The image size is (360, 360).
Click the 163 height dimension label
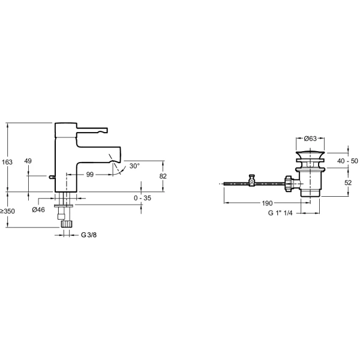pos(7,162)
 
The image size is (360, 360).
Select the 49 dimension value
pos(28,161)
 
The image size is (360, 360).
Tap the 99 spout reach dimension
pos(90,175)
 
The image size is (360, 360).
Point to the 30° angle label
pos(134,166)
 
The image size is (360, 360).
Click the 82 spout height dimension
pos(163,176)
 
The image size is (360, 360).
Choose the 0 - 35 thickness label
pos(143,198)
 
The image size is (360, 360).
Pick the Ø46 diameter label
pos(38,209)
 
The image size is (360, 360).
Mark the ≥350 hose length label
pos(7,211)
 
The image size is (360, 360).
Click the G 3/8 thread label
pos(89,235)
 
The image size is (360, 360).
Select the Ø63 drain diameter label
pos(310,139)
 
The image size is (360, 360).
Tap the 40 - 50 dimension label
pos(347,161)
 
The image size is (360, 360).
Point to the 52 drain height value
pos(348,182)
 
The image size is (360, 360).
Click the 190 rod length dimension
pos(267,203)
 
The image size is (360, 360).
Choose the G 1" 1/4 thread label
pos(280,213)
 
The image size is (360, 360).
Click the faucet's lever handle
pos(92,130)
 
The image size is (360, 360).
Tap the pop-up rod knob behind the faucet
pos(52,177)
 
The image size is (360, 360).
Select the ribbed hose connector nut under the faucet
pos(67,223)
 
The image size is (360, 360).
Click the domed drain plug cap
pos(310,153)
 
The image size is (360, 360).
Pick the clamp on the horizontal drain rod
pos(252,181)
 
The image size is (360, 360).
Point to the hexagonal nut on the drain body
pos(289,184)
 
